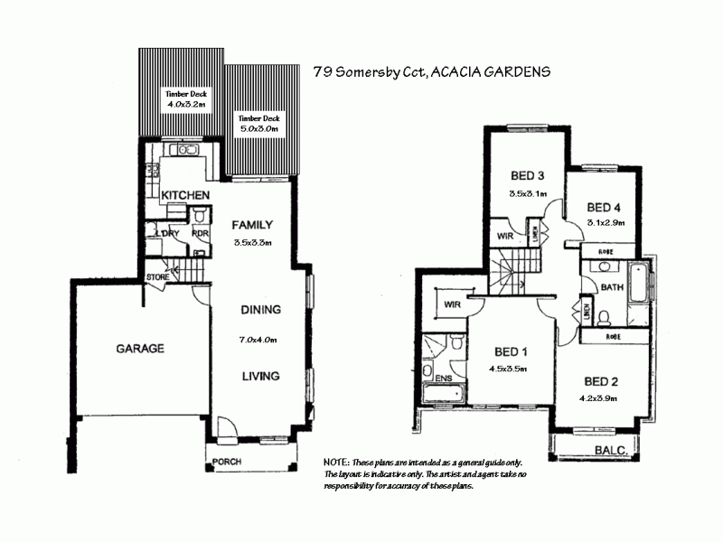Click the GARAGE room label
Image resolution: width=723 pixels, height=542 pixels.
tap(139, 348)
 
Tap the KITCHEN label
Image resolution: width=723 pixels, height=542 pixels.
tap(185, 195)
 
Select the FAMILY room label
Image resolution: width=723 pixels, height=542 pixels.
tap(252, 225)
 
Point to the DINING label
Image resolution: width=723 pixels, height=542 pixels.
tap(260, 309)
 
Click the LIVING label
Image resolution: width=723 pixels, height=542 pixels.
tap(260, 376)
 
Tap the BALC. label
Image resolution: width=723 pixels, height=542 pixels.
tap(612, 449)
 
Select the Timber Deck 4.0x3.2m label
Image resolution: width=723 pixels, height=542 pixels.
tap(185, 99)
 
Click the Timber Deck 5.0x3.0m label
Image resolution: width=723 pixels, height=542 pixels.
tap(258, 124)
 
